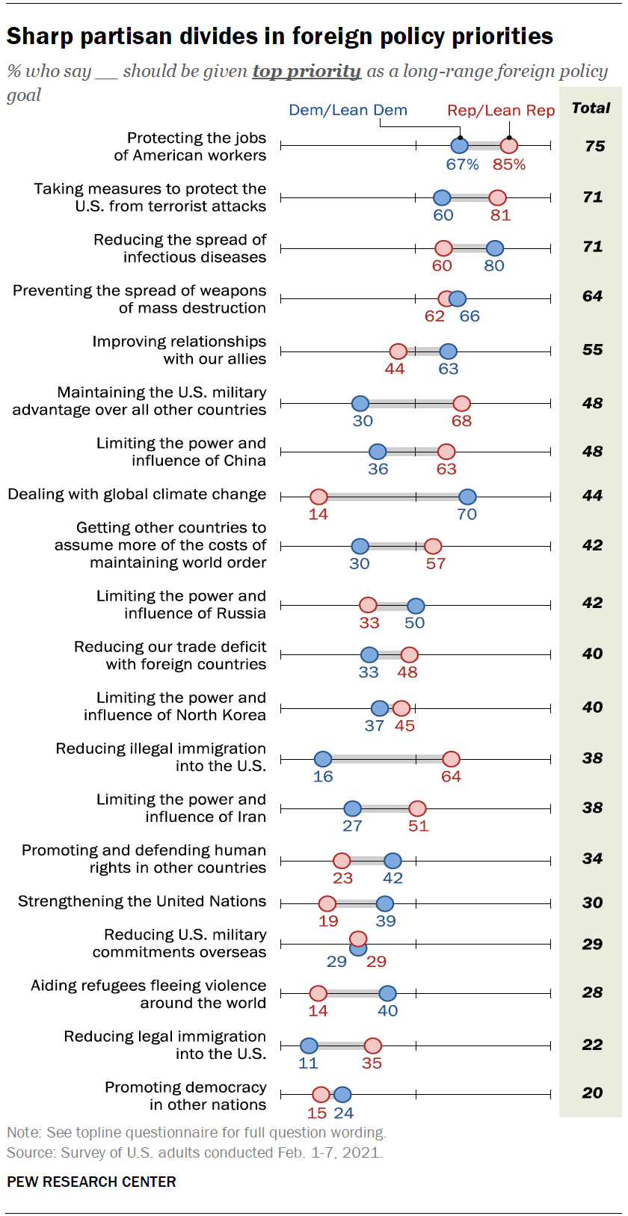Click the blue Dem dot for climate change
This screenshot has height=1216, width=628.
[x=467, y=497]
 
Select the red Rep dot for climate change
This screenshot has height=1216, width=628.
[x=318, y=497]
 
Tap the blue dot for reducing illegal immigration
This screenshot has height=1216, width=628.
[x=323, y=759]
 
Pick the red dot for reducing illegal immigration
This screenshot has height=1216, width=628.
[x=451, y=759]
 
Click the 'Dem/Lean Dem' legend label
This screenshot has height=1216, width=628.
[x=348, y=111]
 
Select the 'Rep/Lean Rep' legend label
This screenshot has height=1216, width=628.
[x=501, y=111]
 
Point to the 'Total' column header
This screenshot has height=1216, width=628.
[x=591, y=108]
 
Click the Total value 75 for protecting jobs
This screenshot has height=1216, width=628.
[x=594, y=147]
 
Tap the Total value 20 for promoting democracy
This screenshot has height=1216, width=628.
[x=592, y=1093]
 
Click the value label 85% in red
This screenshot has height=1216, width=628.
[x=509, y=165]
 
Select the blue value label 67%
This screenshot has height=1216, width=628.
[x=462, y=165]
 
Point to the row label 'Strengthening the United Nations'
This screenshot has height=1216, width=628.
[x=142, y=902]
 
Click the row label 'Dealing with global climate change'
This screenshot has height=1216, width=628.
[x=137, y=495]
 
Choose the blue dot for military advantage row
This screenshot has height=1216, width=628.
[x=360, y=404]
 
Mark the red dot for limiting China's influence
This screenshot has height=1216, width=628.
[x=446, y=452]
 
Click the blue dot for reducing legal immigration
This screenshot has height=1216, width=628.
[x=309, y=1045]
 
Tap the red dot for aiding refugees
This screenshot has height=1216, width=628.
[x=318, y=993]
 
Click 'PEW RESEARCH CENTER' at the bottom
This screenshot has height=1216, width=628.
[x=91, y=1182]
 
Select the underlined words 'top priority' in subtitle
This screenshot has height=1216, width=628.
[x=307, y=72]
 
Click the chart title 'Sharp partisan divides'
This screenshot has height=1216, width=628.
[x=280, y=36]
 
